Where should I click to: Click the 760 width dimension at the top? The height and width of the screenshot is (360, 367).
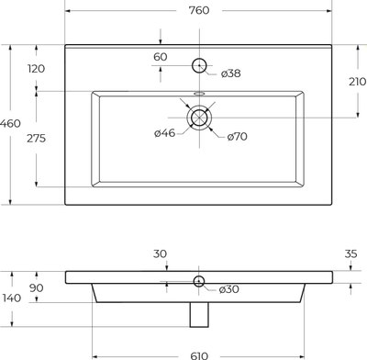(199, 10)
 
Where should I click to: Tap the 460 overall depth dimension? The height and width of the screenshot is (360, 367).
(10, 124)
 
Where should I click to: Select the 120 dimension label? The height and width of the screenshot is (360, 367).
(37, 69)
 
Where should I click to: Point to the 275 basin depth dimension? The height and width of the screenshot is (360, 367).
(36, 139)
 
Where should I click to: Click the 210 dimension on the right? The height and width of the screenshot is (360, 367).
(358, 82)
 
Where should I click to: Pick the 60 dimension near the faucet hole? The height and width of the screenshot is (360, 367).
(161, 57)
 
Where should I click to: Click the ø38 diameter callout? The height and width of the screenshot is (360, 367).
(231, 73)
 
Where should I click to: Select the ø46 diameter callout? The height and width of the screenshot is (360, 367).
(164, 133)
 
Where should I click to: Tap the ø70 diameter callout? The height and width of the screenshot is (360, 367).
(238, 137)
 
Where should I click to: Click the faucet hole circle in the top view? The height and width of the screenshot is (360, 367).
(199, 58)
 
